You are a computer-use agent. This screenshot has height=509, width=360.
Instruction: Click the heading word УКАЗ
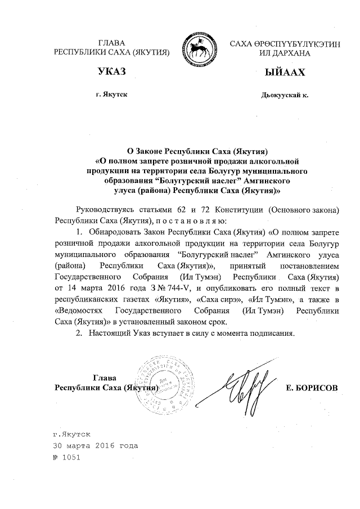click(111, 72)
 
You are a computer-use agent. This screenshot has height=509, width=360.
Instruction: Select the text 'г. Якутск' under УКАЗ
click(111, 94)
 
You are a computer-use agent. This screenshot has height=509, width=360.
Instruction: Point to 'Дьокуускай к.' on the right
click(285, 95)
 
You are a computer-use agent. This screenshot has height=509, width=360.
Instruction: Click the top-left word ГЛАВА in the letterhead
click(111, 43)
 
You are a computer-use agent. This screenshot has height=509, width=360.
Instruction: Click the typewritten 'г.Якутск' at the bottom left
click(70, 435)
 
